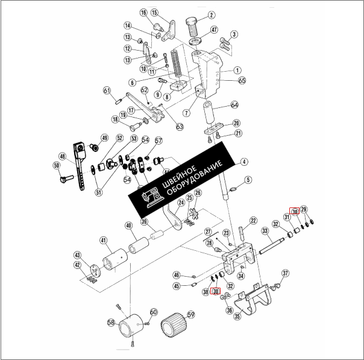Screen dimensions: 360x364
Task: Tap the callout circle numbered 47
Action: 214,30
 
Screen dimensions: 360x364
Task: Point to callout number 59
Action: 191,314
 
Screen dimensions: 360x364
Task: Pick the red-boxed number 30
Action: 295,212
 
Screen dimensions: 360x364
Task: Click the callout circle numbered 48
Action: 63,155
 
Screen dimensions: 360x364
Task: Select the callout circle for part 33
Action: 264,231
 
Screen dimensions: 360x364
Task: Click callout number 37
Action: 286,273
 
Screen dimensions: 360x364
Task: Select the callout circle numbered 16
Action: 143,13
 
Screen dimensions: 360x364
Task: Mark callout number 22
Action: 254,221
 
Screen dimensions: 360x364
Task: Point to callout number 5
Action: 248,180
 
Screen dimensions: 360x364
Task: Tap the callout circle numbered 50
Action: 56,165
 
